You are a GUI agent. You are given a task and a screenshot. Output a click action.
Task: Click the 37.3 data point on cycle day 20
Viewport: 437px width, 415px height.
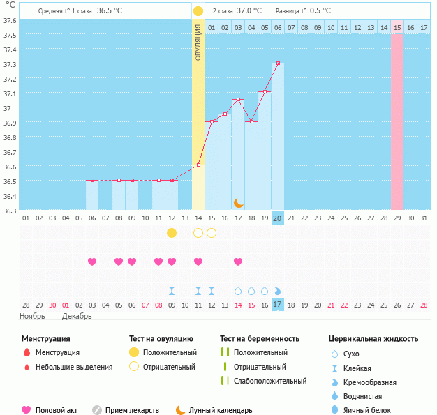coord(278,63)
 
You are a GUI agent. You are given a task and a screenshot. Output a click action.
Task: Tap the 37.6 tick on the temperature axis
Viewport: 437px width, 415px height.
coord(10,20)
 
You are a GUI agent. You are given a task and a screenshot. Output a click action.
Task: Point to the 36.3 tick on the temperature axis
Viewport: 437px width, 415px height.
coord(10,210)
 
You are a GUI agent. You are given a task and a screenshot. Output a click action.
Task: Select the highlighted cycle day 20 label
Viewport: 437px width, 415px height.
coord(277,218)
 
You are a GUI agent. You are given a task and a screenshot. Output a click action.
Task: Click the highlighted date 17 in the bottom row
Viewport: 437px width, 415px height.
coord(277,305)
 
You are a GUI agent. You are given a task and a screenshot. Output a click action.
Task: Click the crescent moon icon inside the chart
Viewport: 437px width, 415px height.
coord(238,202)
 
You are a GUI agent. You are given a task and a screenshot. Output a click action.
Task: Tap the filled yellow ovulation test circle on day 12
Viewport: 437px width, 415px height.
coord(172,232)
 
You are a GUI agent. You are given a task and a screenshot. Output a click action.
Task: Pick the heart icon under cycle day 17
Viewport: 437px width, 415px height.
coord(238,262)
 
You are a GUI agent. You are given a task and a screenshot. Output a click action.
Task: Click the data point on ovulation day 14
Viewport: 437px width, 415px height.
coord(198,165)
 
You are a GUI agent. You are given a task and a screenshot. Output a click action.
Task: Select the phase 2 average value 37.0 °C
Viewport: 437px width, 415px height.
coord(249,11)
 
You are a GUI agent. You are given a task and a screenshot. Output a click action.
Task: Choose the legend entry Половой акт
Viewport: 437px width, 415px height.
coord(56,410)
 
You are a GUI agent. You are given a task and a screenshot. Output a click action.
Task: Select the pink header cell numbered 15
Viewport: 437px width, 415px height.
coord(397,27)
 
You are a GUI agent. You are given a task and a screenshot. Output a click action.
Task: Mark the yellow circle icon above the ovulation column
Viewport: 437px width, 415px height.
coord(198,11)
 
